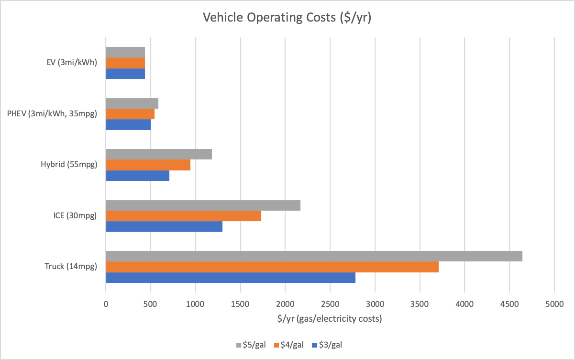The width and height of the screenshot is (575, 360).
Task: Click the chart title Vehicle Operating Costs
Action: [287, 18]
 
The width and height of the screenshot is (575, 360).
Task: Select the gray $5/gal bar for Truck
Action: [314, 256]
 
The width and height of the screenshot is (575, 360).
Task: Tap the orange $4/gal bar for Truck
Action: [272, 267]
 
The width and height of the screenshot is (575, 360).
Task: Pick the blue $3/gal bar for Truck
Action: [230, 278]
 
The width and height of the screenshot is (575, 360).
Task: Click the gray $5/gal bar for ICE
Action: [203, 205]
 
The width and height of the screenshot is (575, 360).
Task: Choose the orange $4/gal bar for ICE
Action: [183, 216]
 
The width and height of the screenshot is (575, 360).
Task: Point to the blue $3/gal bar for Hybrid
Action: [137, 176]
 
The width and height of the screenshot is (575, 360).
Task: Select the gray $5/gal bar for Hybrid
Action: [158, 154]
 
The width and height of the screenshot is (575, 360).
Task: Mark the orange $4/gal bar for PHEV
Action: [130, 114]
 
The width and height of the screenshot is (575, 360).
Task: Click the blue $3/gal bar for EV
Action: [125, 74]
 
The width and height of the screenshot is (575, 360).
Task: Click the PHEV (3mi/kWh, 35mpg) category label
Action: [52, 114]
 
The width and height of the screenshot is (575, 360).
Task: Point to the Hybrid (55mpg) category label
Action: [69, 165]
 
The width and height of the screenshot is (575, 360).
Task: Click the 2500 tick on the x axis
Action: [330, 303]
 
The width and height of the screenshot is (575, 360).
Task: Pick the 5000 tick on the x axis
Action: [554, 303]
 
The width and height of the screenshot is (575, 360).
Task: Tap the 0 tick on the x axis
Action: [106, 303]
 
